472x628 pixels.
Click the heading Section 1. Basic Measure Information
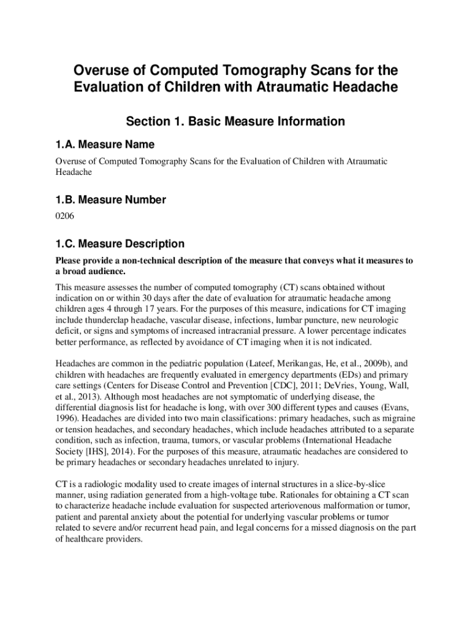point(235,121)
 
